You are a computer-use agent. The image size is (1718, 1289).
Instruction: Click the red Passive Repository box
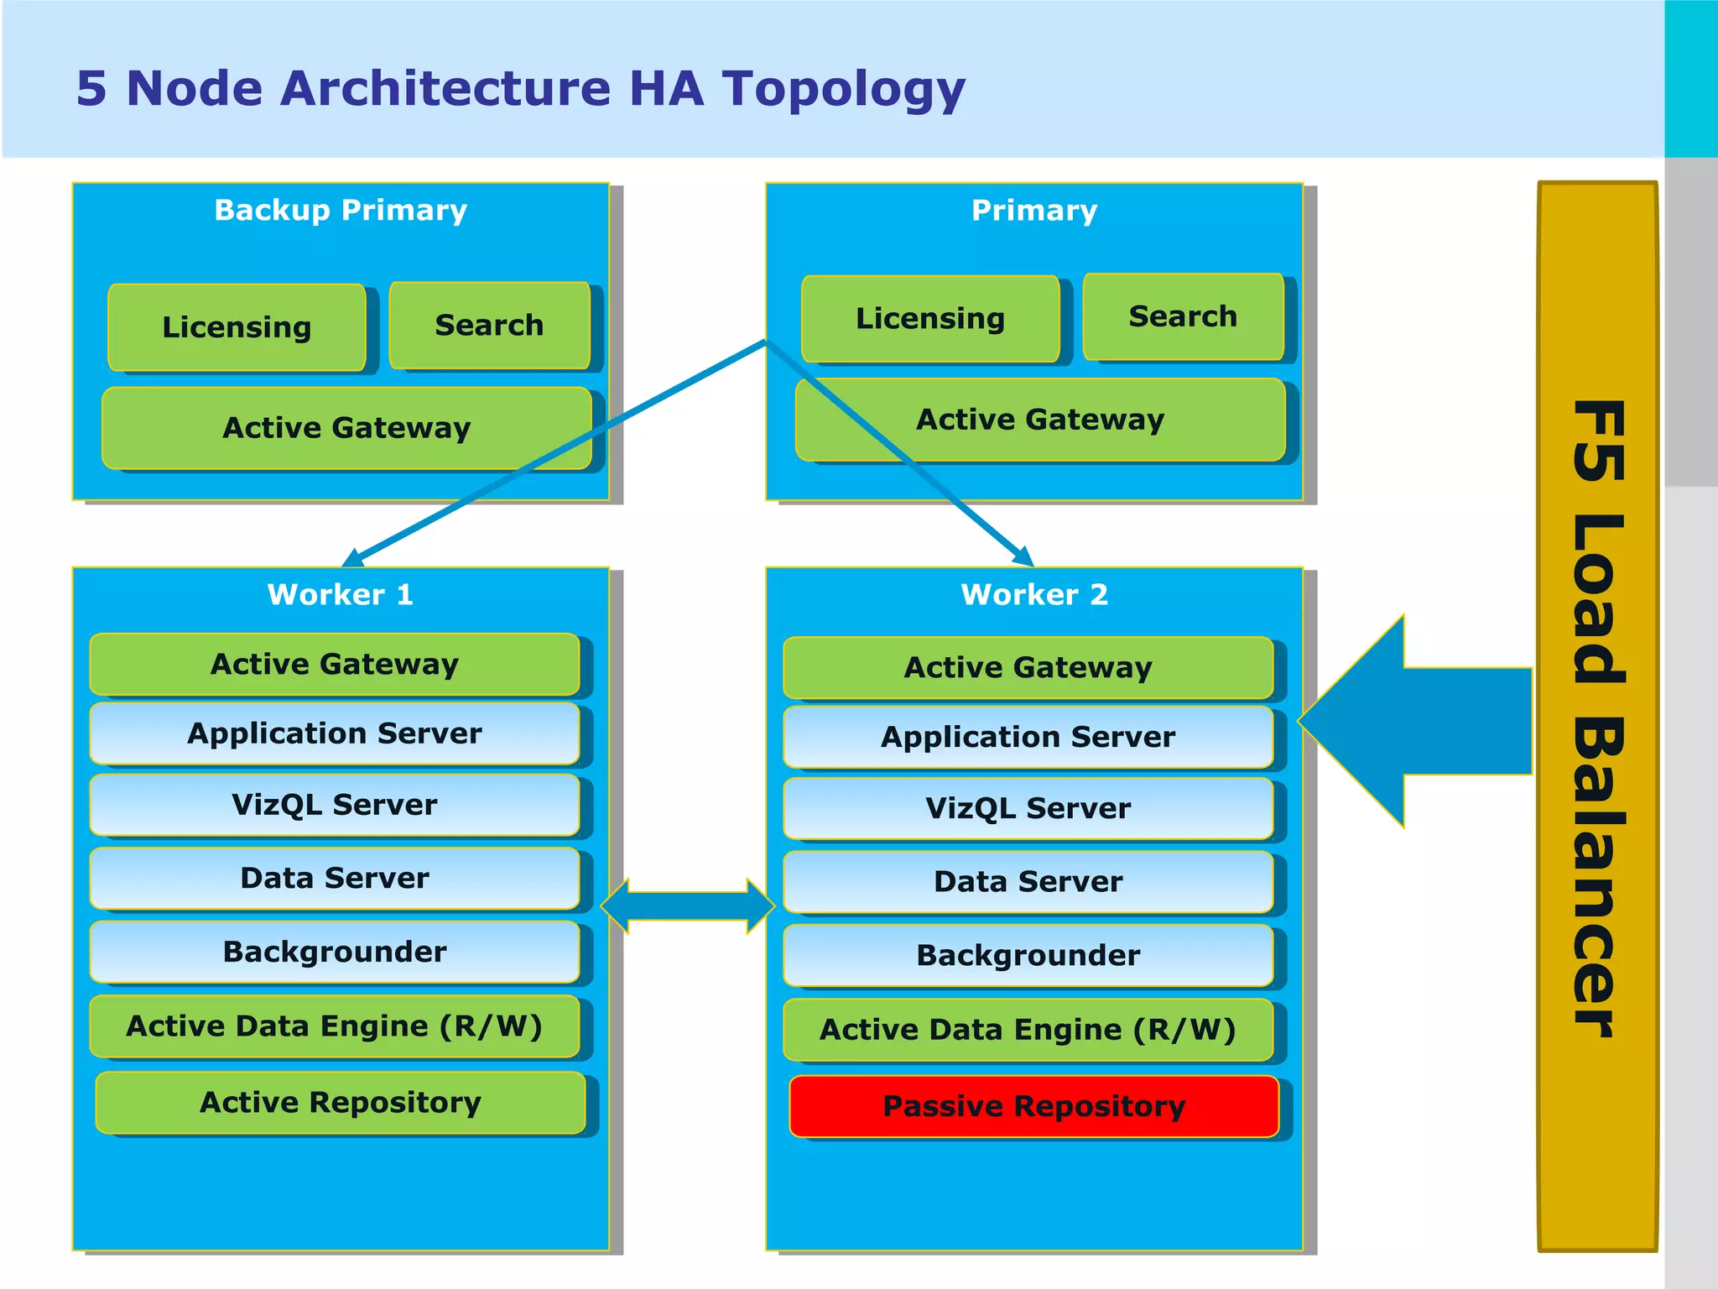pos(1033,1106)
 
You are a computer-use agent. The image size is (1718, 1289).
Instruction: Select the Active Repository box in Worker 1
pos(340,1102)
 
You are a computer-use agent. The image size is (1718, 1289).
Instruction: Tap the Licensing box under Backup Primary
pos(237,326)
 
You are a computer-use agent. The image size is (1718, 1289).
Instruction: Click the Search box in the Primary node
pos(1183,316)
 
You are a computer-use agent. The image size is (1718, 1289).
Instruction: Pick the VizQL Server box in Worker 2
pos(1028,808)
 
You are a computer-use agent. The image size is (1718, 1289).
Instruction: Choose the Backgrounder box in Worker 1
pos(334,952)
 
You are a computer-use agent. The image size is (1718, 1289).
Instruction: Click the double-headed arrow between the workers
pos(688,906)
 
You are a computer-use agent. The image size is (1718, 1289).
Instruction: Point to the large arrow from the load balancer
pos(1418,722)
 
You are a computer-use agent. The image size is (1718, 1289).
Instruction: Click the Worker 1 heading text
pos(340,594)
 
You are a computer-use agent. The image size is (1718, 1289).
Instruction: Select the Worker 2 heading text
pos(1033,594)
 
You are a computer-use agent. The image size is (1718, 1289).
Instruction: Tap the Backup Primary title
pos(340,210)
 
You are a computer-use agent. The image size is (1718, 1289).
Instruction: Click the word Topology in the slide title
pos(843,89)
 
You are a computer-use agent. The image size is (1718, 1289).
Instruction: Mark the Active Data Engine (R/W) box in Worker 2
pos(1028,1030)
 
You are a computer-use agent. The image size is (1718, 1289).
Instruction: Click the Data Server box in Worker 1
pos(334,878)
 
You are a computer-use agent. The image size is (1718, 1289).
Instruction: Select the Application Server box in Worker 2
pos(1028,737)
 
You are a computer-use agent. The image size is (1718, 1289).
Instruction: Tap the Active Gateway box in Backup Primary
pos(346,428)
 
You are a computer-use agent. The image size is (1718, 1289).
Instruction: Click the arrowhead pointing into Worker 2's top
pos(1023,556)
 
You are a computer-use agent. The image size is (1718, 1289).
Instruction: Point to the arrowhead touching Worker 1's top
pos(352,558)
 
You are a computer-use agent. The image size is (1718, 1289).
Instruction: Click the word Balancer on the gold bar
pos(1598,877)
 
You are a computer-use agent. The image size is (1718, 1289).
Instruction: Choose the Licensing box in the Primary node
pos(929,319)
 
